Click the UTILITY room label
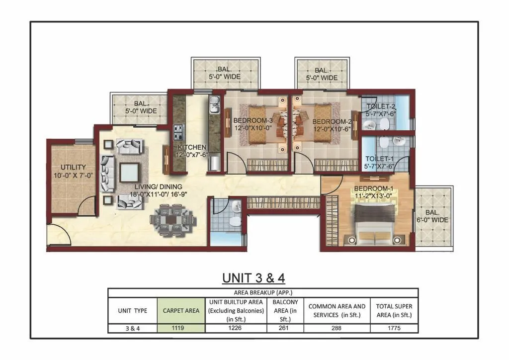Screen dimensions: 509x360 (74, 167)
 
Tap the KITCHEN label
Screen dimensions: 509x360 (192, 147)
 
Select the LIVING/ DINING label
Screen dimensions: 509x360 (159, 186)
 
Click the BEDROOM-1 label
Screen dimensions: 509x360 (374, 188)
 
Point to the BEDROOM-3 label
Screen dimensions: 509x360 (253, 120)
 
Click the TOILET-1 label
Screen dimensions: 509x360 (379, 159)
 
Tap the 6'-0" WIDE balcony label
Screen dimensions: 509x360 (432, 220)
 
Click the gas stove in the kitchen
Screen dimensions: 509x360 (178, 132)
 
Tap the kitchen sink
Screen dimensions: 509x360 (215, 105)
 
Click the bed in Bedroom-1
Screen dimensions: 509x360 (375, 224)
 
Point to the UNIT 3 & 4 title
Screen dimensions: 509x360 (254, 278)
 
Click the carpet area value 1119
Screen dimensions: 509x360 (178, 328)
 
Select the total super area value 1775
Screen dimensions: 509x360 (394, 328)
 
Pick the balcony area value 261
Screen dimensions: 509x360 (283, 328)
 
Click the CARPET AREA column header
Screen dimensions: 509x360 (181, 311)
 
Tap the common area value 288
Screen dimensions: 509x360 (337, 328)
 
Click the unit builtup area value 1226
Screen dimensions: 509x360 (235, 328)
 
